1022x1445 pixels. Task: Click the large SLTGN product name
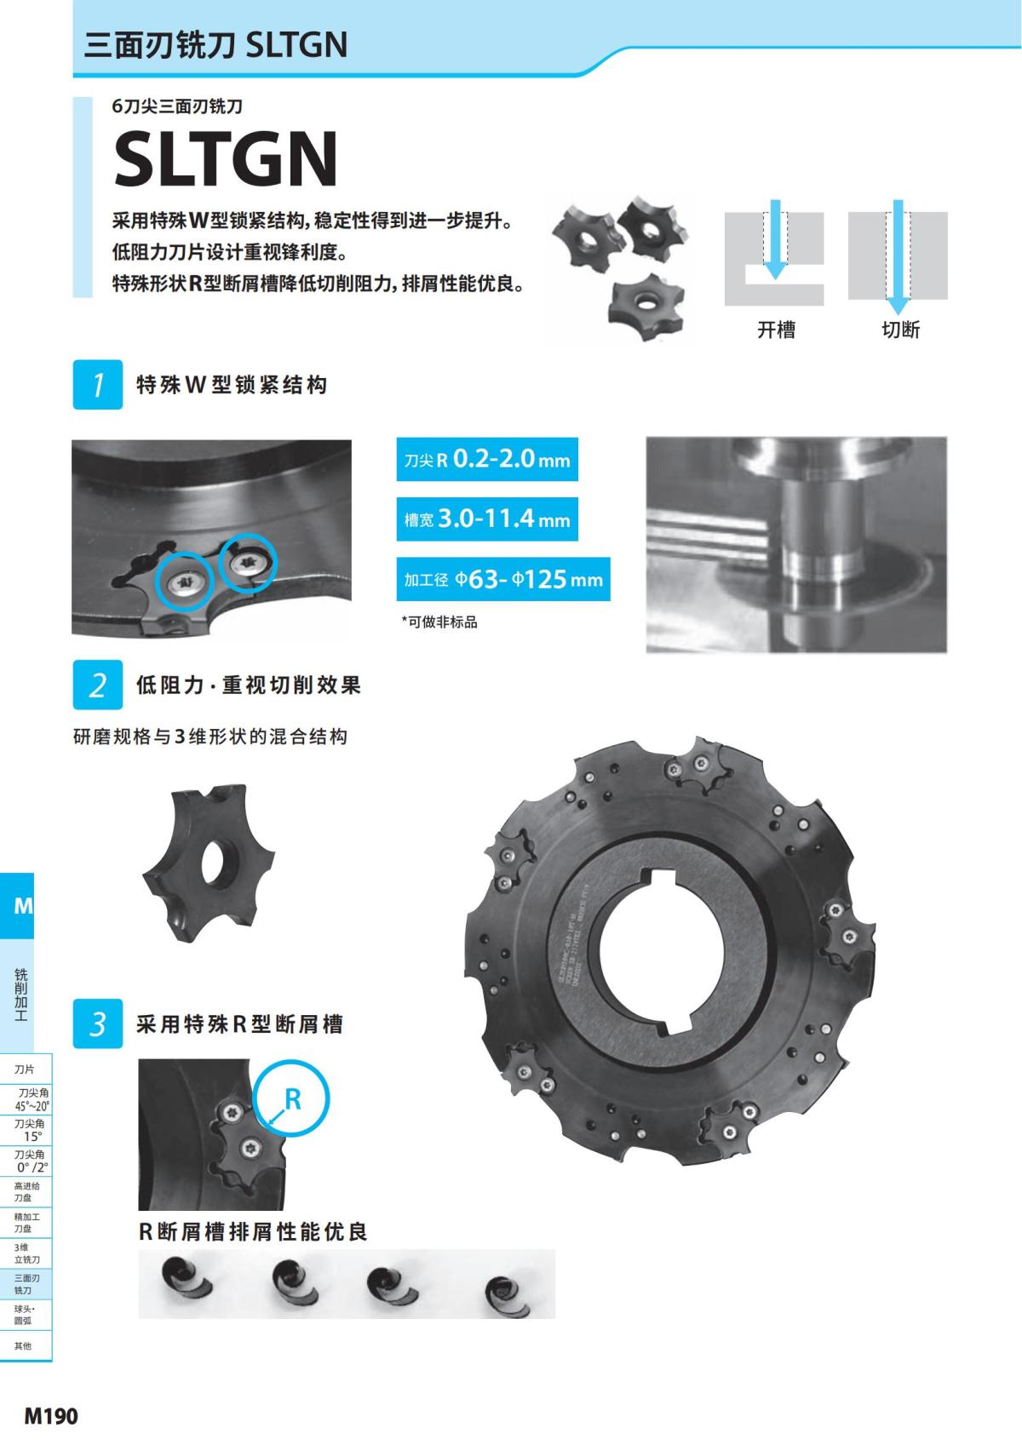click(x=226, y=159)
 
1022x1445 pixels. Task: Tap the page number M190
click(x=51, y=1416)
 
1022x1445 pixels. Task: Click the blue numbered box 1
click(x=98, y=385)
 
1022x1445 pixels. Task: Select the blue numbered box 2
click(x=98, y=685)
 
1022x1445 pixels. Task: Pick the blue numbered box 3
click(x=98, y=1024)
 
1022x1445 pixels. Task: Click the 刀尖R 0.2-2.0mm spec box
click(x=487, y=460)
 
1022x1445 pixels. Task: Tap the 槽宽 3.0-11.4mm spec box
click(x=487, y=519)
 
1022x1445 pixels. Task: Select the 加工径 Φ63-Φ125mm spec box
click(x=503, y=580)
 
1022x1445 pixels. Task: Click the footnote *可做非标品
click(x=439, y=622)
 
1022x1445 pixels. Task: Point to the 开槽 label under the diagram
click(x=776, y=330)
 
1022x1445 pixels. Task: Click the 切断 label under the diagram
click(x=900, y=330)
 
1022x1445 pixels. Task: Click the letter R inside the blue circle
click(x=292, y=1099)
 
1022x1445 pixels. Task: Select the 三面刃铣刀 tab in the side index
click(x=26, y=1284)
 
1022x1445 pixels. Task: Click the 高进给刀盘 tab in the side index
click(x=26, y=1191)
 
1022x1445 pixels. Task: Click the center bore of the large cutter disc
click(x=663, y=950)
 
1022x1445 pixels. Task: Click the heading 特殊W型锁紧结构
click(x=232, y=385)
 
